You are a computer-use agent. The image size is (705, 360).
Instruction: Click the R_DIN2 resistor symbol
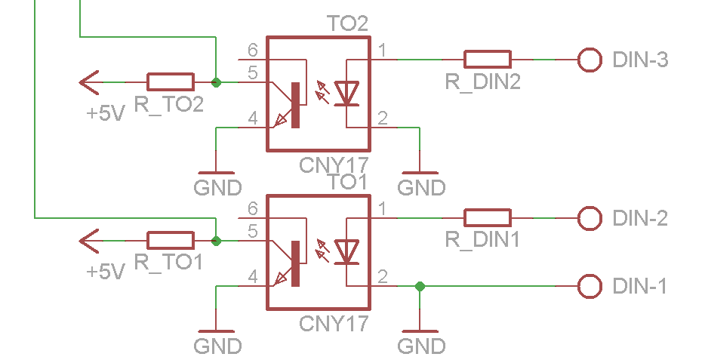pyautogui.click(x=487, y=59)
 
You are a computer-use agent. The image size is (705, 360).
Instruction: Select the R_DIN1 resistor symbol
pyautogui.click(x=487, y=218)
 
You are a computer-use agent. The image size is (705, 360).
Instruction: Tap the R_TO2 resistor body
pyautogui.click(x=171, y=82)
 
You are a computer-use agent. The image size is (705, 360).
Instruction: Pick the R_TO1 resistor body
pyautogui.click(x=171, y=241)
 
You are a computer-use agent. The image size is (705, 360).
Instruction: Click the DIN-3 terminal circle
pyautogui.click(x=589, y=59)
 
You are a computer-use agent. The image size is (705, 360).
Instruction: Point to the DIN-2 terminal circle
pyautogui.click(x=589, y=218)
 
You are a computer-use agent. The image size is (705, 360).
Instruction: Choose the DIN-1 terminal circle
pyautogui.click(x=589, y=287)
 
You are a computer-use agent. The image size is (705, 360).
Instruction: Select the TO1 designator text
pyautogui.click(x=347, y=183)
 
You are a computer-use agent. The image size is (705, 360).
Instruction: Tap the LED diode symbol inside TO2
pyautogui.click(x=346, y=93)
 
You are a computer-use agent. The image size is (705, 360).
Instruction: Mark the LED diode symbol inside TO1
pyautogui.click(x=346, y=252)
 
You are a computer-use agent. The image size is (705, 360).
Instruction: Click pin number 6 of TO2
pyautogui.click(x=252, y=50)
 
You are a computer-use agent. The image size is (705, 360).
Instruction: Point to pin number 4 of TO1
pyautogui.click(x=252, y=277)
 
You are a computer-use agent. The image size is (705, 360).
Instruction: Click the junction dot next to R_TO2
pyautogui.click(x=217, y=82)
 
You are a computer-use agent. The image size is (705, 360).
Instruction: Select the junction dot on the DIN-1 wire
pyautogui.click(x=420, y=287)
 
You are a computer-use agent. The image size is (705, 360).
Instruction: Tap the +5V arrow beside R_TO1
pyautogui.click(x=90, y=241)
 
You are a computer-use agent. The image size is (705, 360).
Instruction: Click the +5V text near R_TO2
pyautogui.click(x=105, y=114)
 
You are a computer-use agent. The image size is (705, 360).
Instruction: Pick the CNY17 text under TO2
pyautogui.click(x=334, y=165)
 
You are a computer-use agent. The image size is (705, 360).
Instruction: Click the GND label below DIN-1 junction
pyautogui.click(x=420, y=346)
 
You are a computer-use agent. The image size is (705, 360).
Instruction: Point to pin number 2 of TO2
pyautogui.click(x=383, y=118)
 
